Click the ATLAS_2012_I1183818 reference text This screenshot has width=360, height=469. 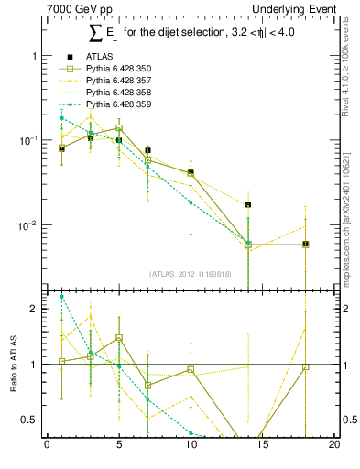point(190,274)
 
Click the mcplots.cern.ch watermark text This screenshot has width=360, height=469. point(347,211)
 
